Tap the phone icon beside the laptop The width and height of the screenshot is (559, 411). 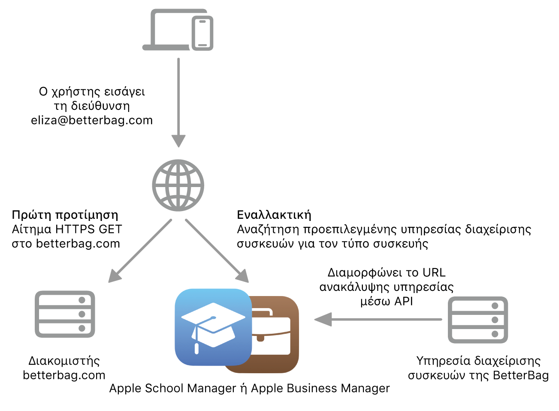(x=202, y=33)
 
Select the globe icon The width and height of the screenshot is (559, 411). (x=178, y=185)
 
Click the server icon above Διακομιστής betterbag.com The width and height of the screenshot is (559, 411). (x=65, y=314)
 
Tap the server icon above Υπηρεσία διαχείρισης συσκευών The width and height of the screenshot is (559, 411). (x=478, y=320)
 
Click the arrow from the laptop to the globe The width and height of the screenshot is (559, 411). (x=178, y=103)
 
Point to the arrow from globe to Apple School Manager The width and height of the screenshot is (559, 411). (x=217, y=251)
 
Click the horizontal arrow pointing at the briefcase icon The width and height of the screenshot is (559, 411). (x=378, y=319)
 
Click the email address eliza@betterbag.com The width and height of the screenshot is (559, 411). (x=92, y=121)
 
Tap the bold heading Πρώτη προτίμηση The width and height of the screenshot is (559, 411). (x=65, y=215)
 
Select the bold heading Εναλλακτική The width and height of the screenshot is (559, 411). (x=274, y=215)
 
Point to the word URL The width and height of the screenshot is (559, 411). (x=434, y=273)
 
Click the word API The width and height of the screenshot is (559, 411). (x=403, y=302)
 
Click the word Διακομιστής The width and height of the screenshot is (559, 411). (x=64, y=361)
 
